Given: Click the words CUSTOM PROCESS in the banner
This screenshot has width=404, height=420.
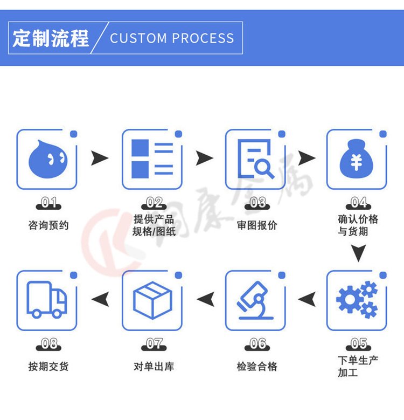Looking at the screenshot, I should [x=172, y=38].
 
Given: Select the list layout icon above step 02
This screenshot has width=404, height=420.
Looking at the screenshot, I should [x=152, y=159].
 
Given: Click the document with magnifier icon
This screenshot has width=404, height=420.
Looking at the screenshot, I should [x=255, y=159].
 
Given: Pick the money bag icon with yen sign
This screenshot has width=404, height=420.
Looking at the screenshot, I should [x=356, y=159].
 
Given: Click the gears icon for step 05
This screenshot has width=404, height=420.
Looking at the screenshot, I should [x=357, y=300].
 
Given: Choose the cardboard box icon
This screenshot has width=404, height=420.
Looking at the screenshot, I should [x=152, y=300].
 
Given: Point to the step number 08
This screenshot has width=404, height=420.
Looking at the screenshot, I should [x=49, y=343].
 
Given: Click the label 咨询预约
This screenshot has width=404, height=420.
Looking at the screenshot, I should [x=48, y=225].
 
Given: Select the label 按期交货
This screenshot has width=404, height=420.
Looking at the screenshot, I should [x=48, y=367].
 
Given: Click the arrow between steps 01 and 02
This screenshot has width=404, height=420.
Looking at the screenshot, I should [x=99, y=159].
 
